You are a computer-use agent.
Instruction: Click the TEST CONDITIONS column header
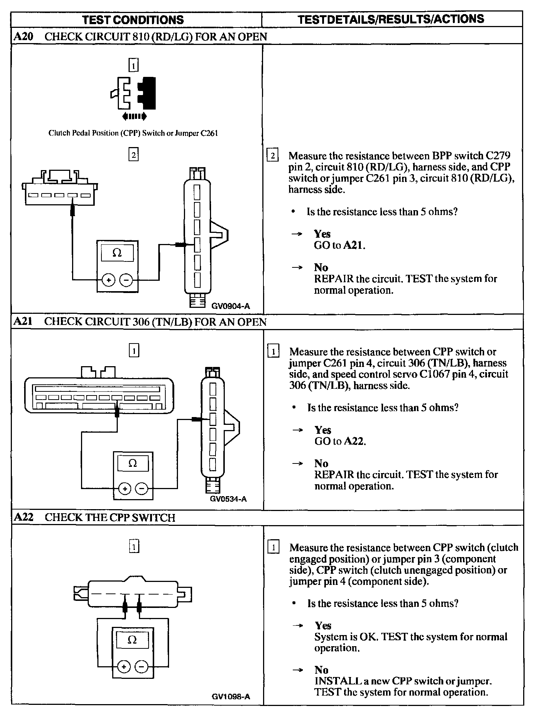click(x=133, y=20)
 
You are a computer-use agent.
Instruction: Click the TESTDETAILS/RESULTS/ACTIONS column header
click(x=391, y=19)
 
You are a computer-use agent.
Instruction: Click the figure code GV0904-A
click(x=230, y=306)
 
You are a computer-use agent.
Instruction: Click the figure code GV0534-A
click(x=228, y=499)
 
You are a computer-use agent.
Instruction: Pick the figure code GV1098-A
click(x=230, y=697)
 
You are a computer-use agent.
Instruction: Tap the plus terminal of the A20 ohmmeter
click(x=108, y=280)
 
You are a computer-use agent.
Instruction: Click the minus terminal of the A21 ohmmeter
click(x=142, y=488)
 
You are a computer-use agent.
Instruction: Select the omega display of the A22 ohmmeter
click(x=132, y=640)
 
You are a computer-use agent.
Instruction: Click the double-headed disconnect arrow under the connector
click(x=135, y=117)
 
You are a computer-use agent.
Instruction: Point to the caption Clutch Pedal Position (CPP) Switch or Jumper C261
click(x=133, y=133)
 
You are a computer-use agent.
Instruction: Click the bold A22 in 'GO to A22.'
click(x=354, y=441)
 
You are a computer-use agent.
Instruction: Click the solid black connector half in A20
click(x=147, y=93)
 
